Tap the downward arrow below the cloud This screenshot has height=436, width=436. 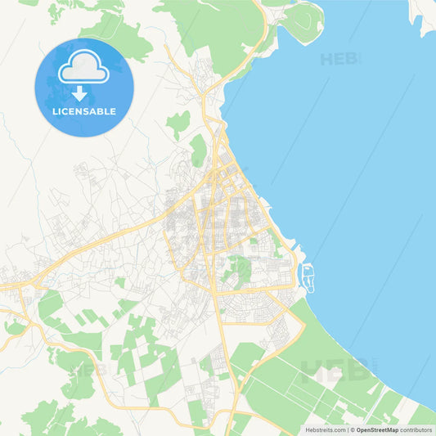click(x=83, y=93)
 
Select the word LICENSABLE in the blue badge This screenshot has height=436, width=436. click(x=83, y=111)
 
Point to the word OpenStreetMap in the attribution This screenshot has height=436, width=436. click(x=375, y=429)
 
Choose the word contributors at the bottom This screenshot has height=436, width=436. click(x=416, y=429)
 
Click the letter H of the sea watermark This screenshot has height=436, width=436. click(x=326, y=59)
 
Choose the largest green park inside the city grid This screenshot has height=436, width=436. click(x=238, y=269)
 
